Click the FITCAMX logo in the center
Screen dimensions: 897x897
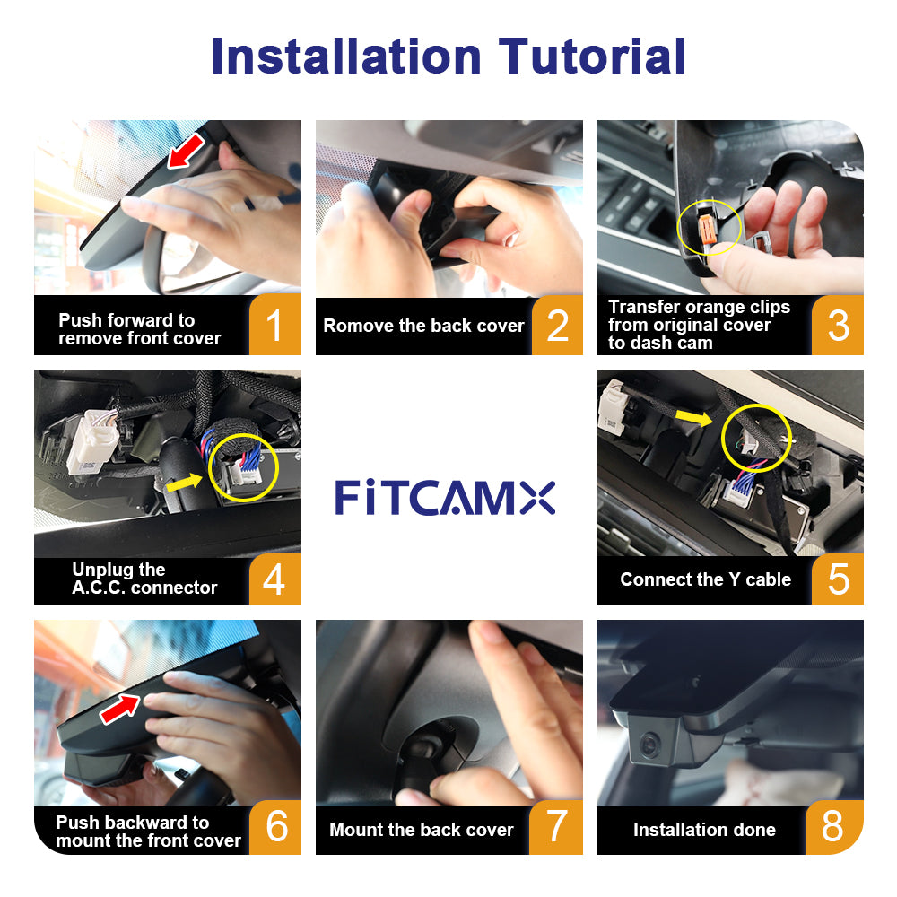446,497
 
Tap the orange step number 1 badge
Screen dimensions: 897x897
274,326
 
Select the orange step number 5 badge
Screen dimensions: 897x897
837,579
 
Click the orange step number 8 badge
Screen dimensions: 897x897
833,826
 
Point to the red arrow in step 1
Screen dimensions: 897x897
185,152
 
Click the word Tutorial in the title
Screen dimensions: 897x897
593,56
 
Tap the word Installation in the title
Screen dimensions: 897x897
345,56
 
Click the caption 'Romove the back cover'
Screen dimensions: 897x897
423,326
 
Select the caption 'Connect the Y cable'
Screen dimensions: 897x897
705,579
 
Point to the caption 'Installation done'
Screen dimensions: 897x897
704,830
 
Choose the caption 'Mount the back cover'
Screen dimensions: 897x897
421,830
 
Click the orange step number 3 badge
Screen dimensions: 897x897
838,326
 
